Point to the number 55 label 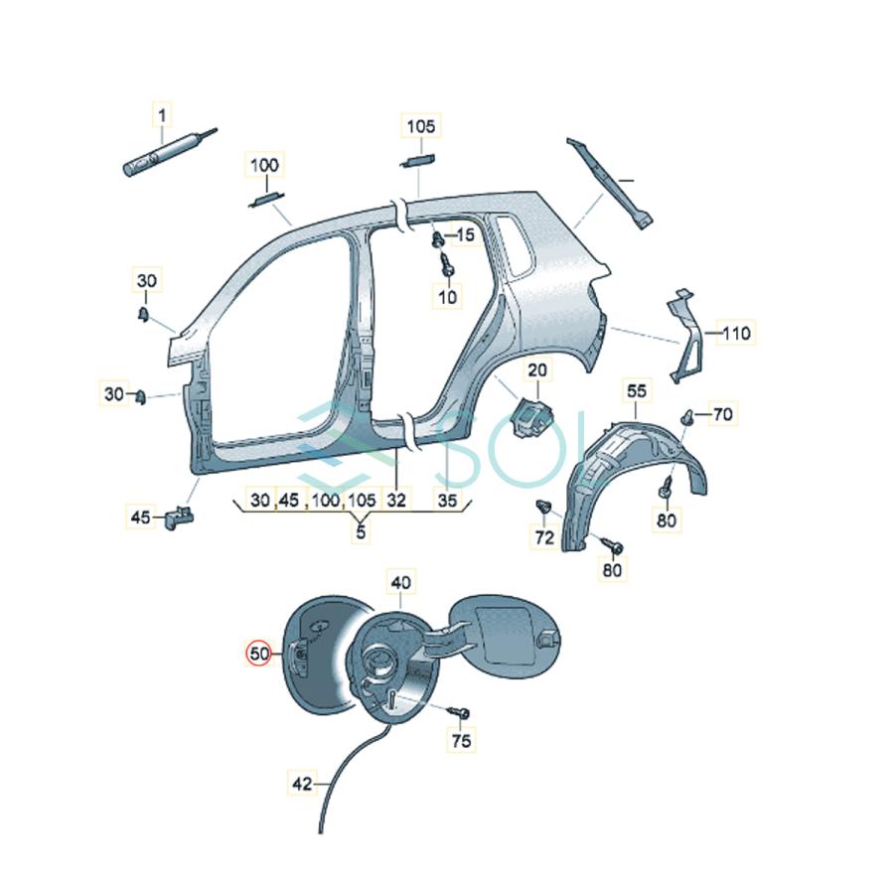(637, 391)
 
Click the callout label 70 (722, 413)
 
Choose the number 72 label (543, 537)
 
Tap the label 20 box (537, 371)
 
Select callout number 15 (466, 234)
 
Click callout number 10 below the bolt (447, 295)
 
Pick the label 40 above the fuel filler (400, 582)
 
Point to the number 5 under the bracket (360, 532)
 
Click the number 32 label (396, 501)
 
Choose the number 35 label (447, 501)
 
